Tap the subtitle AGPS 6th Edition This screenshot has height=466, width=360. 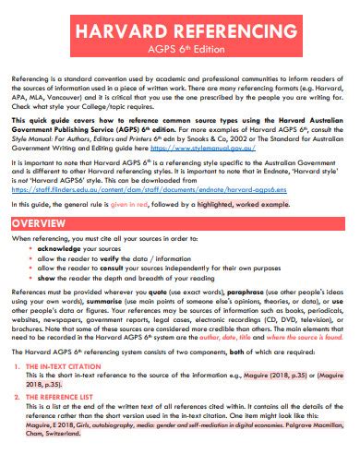[180, 52]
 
